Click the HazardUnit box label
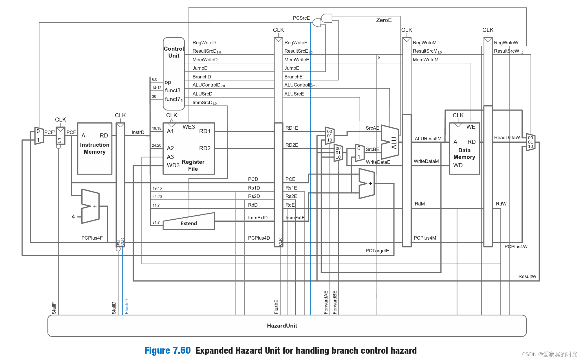(x=282, y=326)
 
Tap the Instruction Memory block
(x=95, y=148)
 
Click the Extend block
(x=188, y=223)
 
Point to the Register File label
(x=193, y=165)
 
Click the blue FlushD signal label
(x=127, y=306)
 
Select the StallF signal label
(x=54, y=308)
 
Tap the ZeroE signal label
(x=384, y=20)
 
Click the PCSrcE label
(x=301, y=18)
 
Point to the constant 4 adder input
(x=73, y=216)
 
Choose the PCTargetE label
(x=377, y=251)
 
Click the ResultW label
(x=527, y=276)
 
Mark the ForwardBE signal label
(x=335, y=302)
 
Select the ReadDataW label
(x=507, y=137)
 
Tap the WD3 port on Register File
(x=173, y=165)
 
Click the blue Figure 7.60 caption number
(x=167, y=350)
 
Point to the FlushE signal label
(x=276, y=307)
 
